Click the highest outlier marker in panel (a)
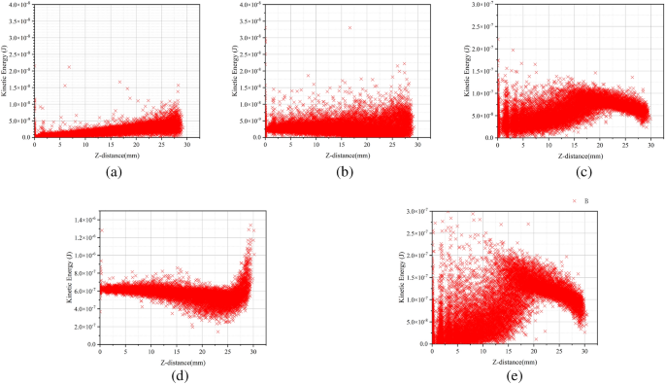(69, 67)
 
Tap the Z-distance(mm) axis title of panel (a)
(109, 154)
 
